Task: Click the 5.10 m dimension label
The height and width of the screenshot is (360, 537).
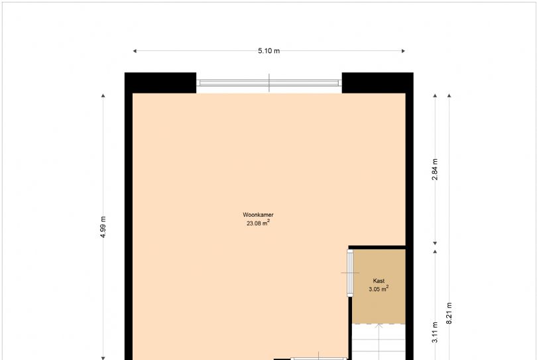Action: (269, 51)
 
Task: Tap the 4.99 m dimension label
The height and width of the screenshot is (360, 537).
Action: (103, 227)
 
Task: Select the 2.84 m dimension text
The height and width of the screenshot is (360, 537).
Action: (435, 169)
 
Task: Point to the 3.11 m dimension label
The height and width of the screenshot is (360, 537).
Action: (435, 332)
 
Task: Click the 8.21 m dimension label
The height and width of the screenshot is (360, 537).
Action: (449, 313)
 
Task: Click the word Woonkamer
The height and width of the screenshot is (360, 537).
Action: (259, 215)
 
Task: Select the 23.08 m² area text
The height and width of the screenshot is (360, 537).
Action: (259, 223)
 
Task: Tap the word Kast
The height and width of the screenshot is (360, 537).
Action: (379, 280)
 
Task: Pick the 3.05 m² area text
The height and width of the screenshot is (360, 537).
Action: (379, 289)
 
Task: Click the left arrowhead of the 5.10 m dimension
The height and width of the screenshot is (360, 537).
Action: (135, 51)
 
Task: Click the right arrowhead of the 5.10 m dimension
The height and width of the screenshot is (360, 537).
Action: (403, 51)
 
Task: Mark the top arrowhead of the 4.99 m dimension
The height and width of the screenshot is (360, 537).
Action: (103, 95)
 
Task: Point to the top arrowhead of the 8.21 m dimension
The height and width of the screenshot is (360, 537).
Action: (449, 95)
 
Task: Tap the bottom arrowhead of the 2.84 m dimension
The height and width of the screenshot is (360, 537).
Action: (435, 243)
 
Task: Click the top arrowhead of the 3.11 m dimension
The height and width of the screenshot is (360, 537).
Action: (435, 252)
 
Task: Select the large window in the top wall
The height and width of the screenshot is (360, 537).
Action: (269, 83)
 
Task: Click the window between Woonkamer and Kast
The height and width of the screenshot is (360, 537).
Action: (350, 273)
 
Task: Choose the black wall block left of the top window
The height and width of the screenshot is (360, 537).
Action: (160, 83)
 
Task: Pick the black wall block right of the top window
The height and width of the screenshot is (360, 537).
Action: (377, 83)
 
